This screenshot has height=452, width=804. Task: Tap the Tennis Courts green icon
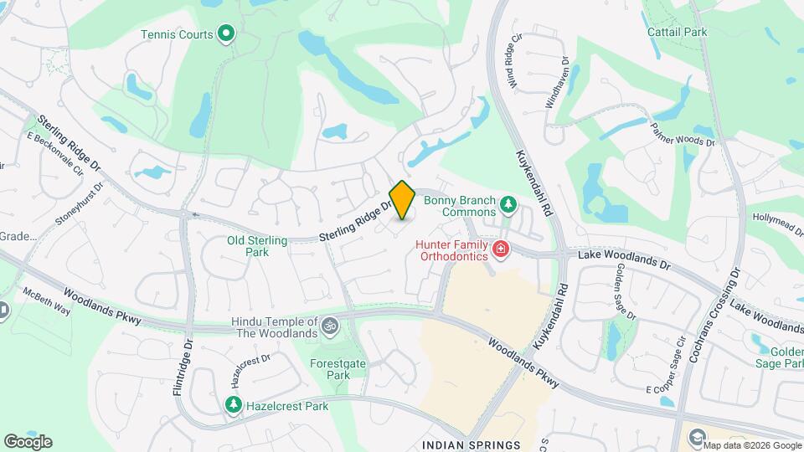(x=225, y=34)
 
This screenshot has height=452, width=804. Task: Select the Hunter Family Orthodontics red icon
(x=501, y=248)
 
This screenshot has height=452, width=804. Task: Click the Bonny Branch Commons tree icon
(x=507, y=203)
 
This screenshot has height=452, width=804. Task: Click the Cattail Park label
(x=677, y=32)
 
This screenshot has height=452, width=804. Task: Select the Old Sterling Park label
(x=257, y=246)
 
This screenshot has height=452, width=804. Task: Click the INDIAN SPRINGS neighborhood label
(x=471, y=444)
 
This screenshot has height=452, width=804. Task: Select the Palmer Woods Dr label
(x=683, y=134)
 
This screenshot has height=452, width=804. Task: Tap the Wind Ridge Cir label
(x=514, y=59)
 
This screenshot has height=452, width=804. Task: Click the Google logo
(x=28, y=441)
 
